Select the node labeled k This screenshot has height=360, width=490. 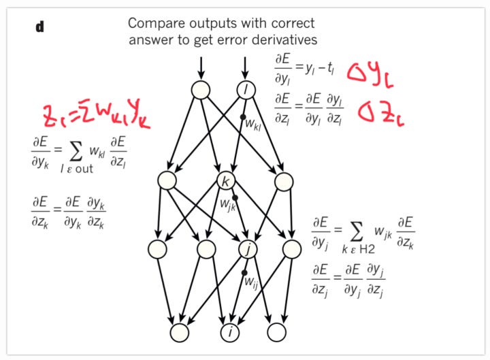pos(225,181)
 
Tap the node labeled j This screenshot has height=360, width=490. pos(248,249)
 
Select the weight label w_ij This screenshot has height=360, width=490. pos(251,279)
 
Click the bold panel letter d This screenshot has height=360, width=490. pos(39,29)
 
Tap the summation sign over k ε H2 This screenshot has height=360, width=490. pos(359,226)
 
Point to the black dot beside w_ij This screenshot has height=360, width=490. pos(244,274)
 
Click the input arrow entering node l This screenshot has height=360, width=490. pos(244,67)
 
